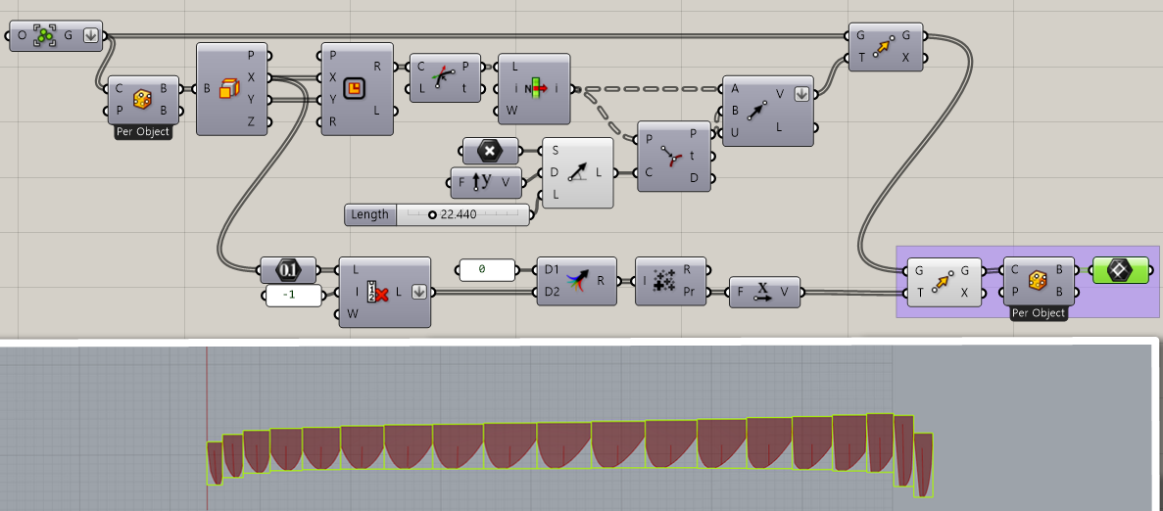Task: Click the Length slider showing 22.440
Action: pyautogui.click(x=460, y=214)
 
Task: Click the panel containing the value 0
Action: pyautogui.click(x=487, y=269)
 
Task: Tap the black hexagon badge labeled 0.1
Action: pyautogui.click(x=288, y=269)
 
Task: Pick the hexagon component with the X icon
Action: pyautogui.click(x=489, y=151)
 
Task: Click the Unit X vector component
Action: pyautogui.click(x=765, y=291)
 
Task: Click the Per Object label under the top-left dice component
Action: pyautogui.click(x=142, y=132)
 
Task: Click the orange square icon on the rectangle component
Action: pyautogui.click(x=356, y=89)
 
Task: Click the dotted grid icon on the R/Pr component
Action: pyautogui.click(x=663, y=280)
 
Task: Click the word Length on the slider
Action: pyautogui.click(x=369, y=214)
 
